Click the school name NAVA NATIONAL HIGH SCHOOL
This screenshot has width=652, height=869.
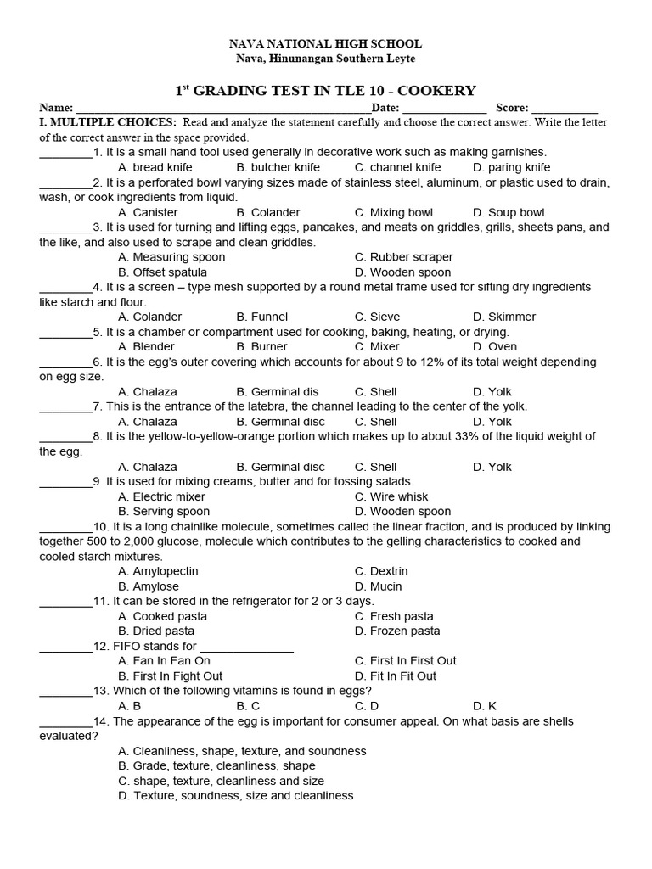pos(327,43)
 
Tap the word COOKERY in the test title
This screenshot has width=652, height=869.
pos(439,91)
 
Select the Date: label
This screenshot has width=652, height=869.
pos(385,108)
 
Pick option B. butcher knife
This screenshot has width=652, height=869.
pos(278,167)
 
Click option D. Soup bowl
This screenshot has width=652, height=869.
pos(509,212)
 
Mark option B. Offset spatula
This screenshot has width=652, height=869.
pos(162,272)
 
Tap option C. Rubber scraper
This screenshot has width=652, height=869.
pos(403,257)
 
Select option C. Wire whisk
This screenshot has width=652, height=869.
pos(391,496)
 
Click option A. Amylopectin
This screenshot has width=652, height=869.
pos(158,571)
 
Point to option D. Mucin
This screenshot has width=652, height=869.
pos(378,586)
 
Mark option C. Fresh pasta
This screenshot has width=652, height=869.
pos(394,616)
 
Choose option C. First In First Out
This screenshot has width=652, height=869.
pos(405,660)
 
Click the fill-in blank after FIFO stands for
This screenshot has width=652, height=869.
pos(246,647)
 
